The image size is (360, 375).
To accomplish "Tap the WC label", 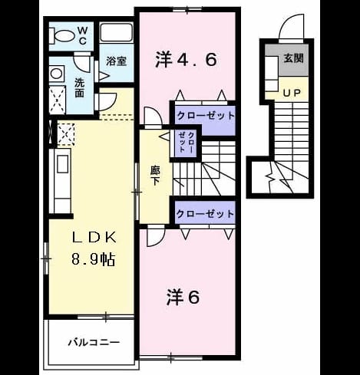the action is click(82, 36).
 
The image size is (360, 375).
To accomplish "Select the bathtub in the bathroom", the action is click(116, 33).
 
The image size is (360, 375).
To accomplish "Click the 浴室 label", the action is click(116, 61).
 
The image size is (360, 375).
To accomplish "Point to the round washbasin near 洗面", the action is click(57, 74).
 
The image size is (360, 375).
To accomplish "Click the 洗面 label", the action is click(80, 87).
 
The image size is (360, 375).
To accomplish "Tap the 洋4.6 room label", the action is click(186, 59).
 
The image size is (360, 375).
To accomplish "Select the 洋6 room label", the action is click(183, 298).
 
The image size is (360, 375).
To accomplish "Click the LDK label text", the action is click(94, 238).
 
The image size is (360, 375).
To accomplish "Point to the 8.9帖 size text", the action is click(93, 259).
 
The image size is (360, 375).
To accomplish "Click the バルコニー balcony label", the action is click(94, 342).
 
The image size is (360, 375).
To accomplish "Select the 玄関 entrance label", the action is click(293, 58).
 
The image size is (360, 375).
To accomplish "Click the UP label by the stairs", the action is click(292, 93).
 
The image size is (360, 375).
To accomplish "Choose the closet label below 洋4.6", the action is click(206, 116).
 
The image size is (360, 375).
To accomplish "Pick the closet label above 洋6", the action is click(205, 213).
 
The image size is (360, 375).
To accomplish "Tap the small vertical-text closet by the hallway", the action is click(187, 142).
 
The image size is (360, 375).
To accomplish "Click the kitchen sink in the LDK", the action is click(62, 164).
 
